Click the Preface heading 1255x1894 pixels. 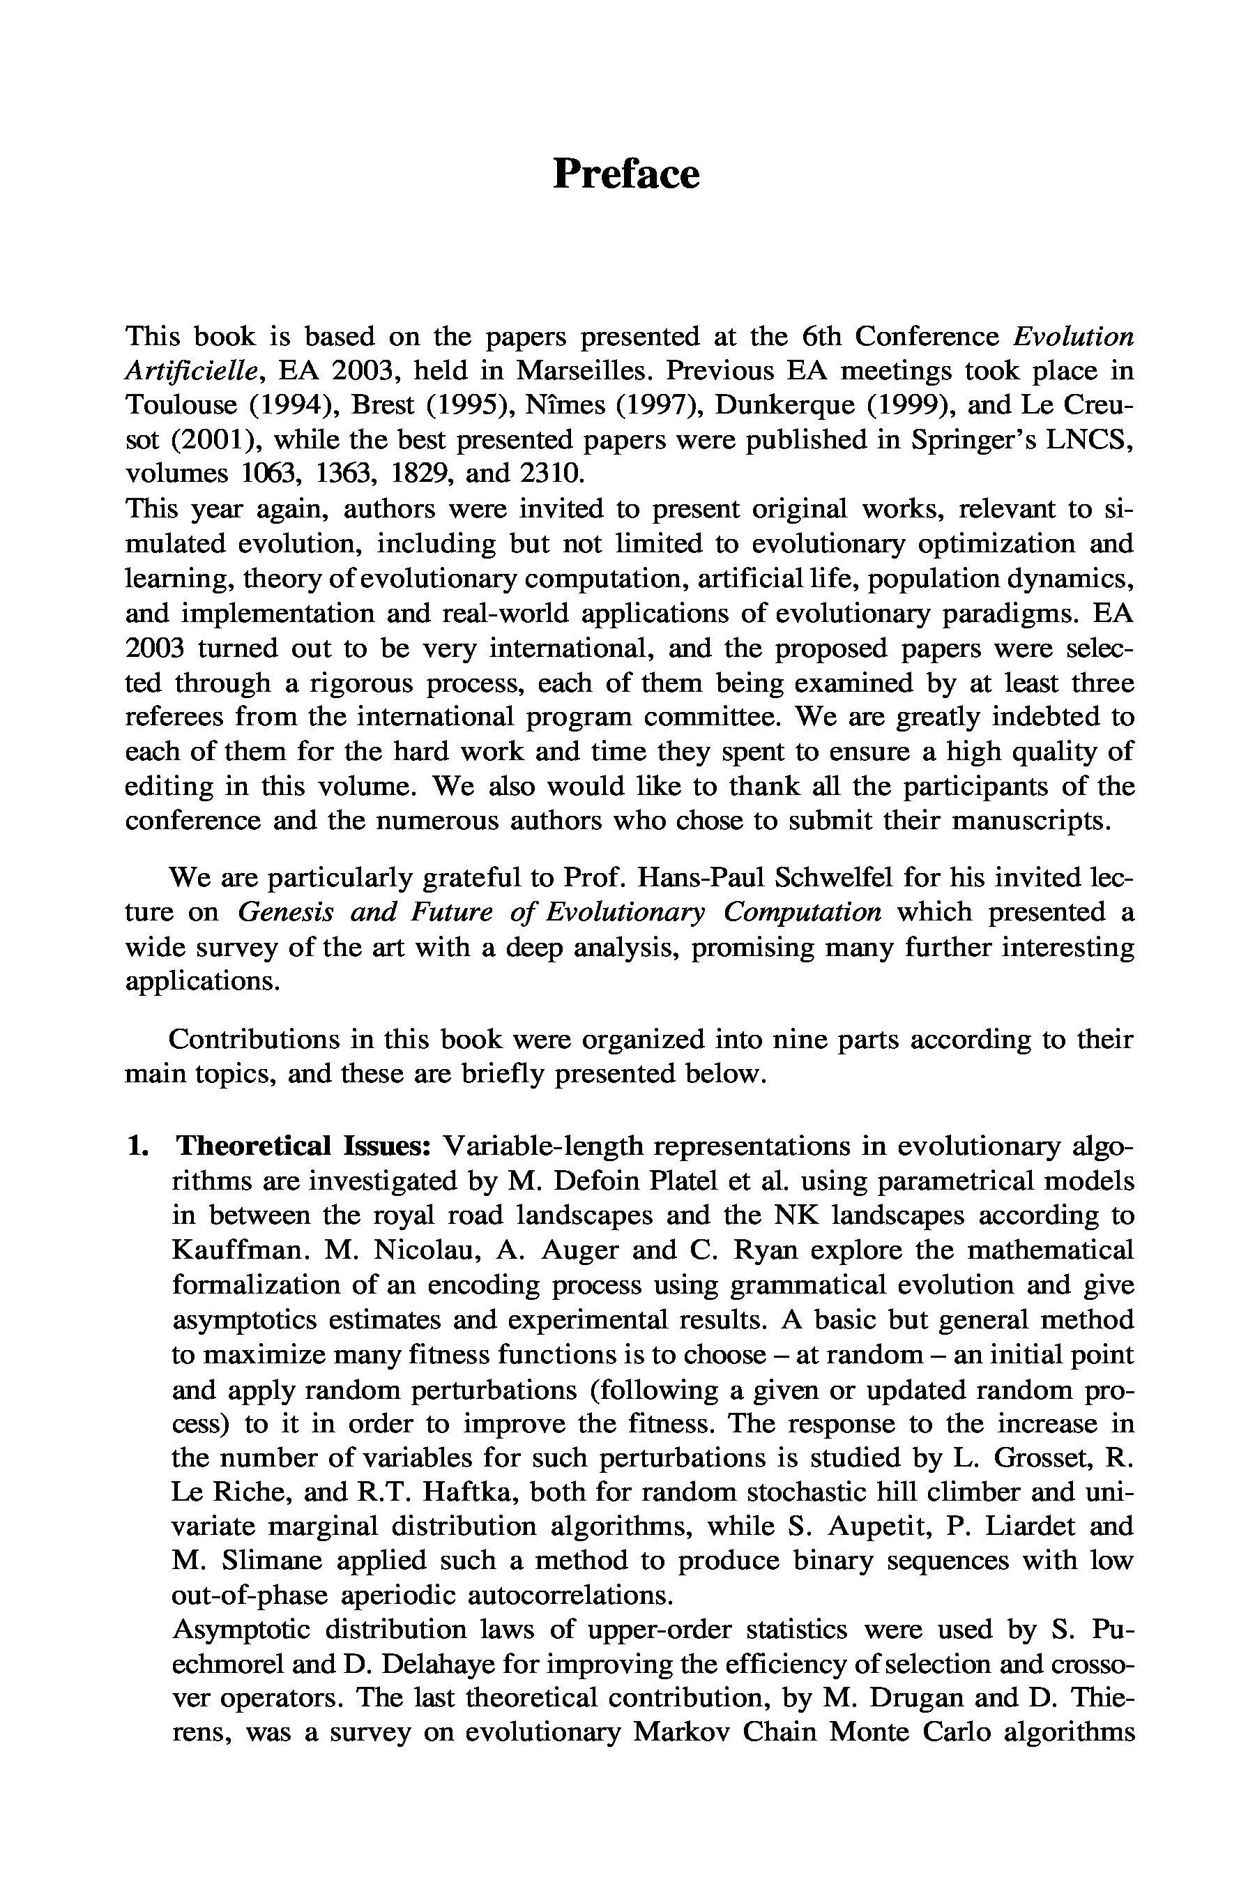[x=626, y=174]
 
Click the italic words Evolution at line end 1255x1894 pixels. [x=1072, y=336]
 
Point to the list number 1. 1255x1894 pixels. [x=137, y=1146]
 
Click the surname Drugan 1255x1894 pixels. [x=915, y=1699]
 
